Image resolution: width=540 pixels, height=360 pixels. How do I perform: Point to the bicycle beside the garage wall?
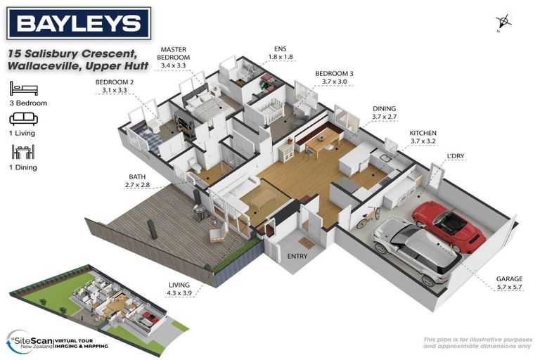368,217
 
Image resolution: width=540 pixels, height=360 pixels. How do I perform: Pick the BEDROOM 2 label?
115,86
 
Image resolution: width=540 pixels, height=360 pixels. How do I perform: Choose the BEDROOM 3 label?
334,77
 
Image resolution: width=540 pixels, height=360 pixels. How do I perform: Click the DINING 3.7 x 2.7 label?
384,112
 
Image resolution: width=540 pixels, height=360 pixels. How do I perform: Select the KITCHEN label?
423,136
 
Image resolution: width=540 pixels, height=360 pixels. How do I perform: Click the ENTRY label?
297,257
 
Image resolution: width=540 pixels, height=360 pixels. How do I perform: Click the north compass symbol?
504,22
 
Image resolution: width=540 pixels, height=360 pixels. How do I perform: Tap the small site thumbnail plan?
98,302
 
